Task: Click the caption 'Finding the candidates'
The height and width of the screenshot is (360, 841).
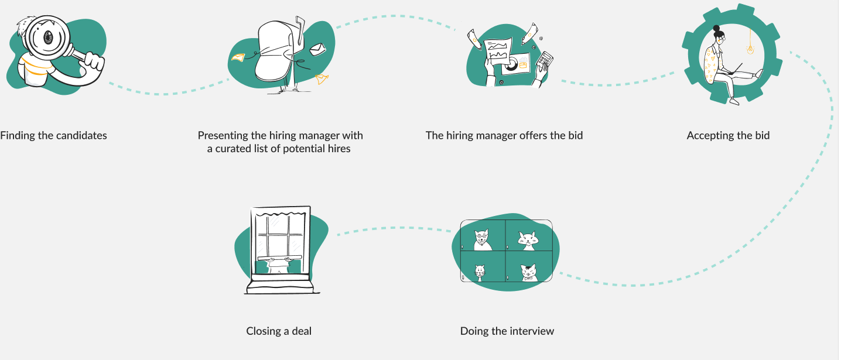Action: pos(53,136)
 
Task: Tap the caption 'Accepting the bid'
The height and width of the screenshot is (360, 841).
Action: pos(728,136)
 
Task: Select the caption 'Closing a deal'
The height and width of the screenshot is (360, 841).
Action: pos(279,331)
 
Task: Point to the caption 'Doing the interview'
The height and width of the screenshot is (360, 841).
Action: pos(507,331)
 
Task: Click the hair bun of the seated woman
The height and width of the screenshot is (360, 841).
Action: pos(716,28)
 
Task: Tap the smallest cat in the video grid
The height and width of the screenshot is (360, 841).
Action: pos(480,272)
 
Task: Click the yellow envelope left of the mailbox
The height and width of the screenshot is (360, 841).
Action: pos(237,57)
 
